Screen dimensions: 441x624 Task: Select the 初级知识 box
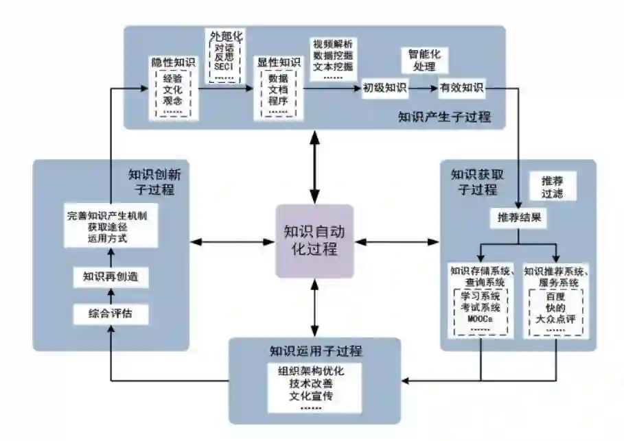(x=384, y=88)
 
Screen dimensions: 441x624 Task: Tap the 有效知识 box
(x=462, y=88)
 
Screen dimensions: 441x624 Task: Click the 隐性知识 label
(x=173, y=62)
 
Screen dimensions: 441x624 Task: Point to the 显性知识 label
(x=279, y=62)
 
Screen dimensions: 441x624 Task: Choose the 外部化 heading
(x=225, y=36)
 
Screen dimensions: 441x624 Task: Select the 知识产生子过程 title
(x=445, y=117)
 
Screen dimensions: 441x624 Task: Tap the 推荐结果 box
(x=518, y=218)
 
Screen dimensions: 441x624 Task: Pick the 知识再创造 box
(x=111, y=277)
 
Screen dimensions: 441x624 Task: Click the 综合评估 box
(x=111, y=315)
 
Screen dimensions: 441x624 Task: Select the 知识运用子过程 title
(x=316, y=352)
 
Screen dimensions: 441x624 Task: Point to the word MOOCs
(x=480, y=319)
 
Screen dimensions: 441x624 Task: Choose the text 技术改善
(x=315, y=384)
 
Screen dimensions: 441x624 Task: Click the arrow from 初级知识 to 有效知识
(x=424, y=88)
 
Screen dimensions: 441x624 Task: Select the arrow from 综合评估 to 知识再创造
(x=111, y=296)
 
